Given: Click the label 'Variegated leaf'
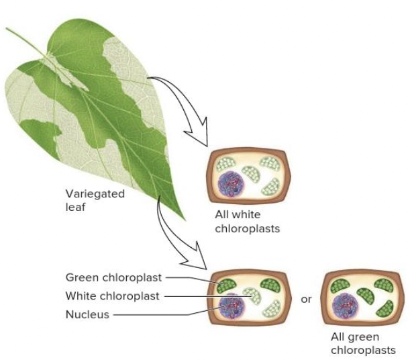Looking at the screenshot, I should click(x=95, y=200).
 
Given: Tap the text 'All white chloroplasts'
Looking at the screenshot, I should click(x=247, y=222).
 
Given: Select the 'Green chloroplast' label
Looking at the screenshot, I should click(x=113, y=277).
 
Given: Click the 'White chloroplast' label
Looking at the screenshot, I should click(x=112, y=296).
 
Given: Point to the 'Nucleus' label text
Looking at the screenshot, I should click(x=87, y=314).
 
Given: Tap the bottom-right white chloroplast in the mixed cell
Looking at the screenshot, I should click(x=271, y=310).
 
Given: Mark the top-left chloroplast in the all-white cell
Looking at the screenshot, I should click(x=225, y=164).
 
